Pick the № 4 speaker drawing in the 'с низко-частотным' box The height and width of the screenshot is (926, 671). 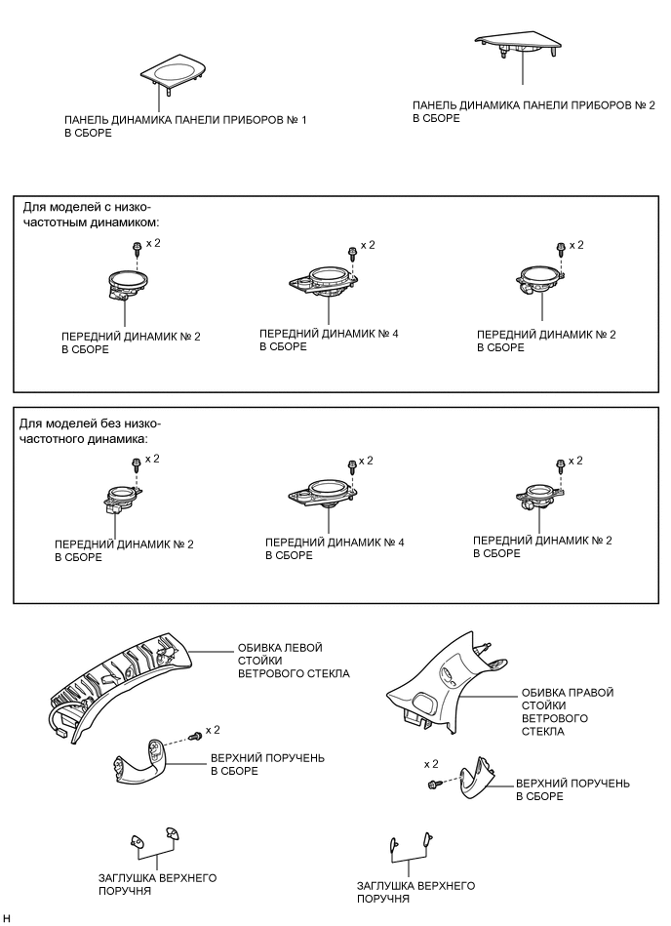(x=326, y=281)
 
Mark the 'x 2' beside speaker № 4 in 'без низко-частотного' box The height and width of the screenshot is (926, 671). (x=366, y=460)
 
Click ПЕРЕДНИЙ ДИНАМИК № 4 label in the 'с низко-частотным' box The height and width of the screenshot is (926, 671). (x=328, y=340)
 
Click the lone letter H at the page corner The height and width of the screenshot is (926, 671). (x=7, y=918)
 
